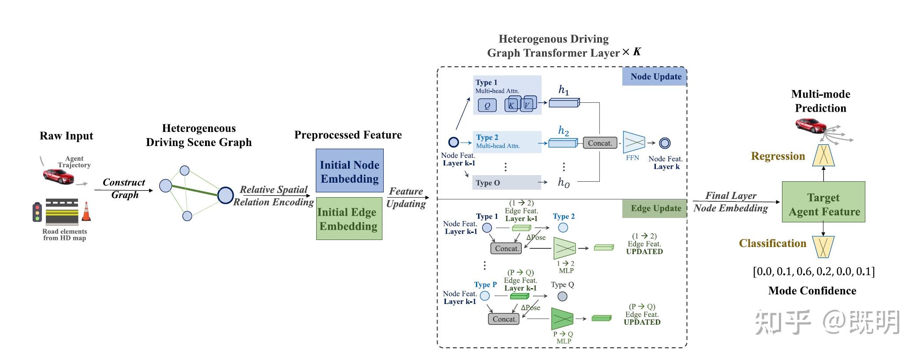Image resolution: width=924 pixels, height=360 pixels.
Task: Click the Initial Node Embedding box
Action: coord(349,170)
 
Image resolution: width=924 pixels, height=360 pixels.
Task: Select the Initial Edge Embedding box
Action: coord(349,218)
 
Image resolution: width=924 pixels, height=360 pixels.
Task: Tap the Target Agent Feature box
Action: coord(823,202)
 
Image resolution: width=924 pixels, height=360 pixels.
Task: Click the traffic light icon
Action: coord(37,212)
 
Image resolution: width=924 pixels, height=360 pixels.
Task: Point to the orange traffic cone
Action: coord(86,211)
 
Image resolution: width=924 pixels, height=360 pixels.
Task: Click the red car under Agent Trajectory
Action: coord(58,176)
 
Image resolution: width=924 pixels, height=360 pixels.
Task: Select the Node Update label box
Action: coord(655,76)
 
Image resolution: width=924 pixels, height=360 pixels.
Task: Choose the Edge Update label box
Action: coord(655,208)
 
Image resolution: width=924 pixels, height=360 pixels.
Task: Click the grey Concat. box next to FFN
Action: coord(600,143)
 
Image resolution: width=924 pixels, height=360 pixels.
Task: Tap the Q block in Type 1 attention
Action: coord(487,105)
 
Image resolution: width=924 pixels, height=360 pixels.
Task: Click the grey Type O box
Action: coord(507,183)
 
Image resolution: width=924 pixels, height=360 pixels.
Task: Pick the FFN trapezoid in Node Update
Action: coord(634,142)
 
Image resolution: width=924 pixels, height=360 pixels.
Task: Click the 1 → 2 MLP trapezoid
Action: coord(565,248)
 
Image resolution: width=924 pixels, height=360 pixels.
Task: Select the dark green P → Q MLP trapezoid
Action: coord(562,319)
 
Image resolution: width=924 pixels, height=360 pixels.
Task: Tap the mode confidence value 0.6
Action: coord(804,271)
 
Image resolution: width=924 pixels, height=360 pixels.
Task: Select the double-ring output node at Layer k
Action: coord(665,143)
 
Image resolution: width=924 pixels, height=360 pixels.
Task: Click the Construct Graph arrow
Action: coord(123,190)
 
